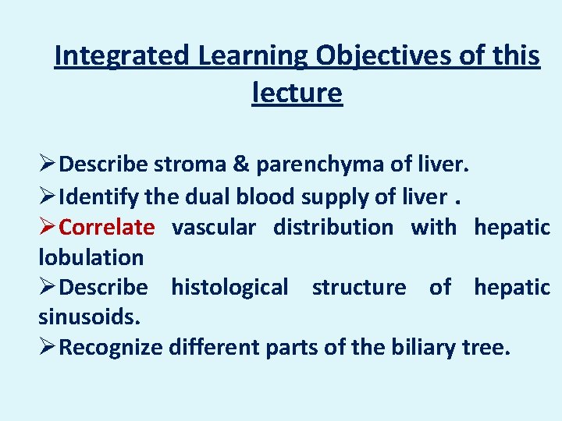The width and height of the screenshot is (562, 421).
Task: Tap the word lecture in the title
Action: click(x=297, y=93)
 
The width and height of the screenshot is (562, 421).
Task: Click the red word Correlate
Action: click(x=107, y=227)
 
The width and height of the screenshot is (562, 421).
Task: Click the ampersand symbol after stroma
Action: click(x=240, y=165)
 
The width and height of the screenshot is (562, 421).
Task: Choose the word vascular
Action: click(x=213, y=227)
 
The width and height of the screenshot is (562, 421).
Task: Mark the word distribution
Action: click(x=333, y=227)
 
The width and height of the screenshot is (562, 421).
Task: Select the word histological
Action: click(x=229, y=287)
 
